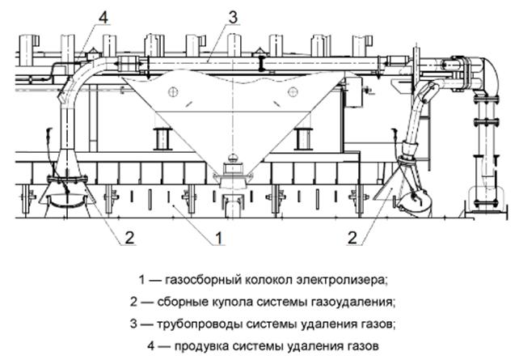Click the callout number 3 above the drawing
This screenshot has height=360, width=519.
pos(233,15)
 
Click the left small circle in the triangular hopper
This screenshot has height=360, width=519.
pos(172,93)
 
